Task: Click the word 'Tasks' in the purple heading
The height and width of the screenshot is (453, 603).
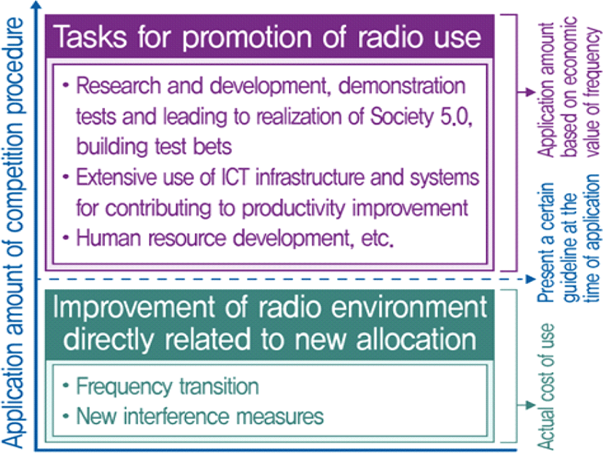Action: click(x=90, y=36)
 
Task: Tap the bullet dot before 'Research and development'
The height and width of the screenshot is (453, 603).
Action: click(x=66, y=84)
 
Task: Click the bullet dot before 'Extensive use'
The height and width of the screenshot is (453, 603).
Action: click(x=66, y=177)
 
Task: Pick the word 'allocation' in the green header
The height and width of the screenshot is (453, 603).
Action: click(x=416, y=339)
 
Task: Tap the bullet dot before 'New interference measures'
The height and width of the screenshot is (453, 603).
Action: click(x=66, y=416)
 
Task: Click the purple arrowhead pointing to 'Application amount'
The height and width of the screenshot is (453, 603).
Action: click(x=531, y=92)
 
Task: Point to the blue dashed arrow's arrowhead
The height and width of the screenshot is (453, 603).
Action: click(x=531, y=279)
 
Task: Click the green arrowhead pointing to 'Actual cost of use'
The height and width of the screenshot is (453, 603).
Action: click(x=531, y=406)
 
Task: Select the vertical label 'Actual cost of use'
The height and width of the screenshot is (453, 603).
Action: click(x=545, y=387)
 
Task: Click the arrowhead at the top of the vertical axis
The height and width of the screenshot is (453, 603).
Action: click(x=36, y=4)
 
